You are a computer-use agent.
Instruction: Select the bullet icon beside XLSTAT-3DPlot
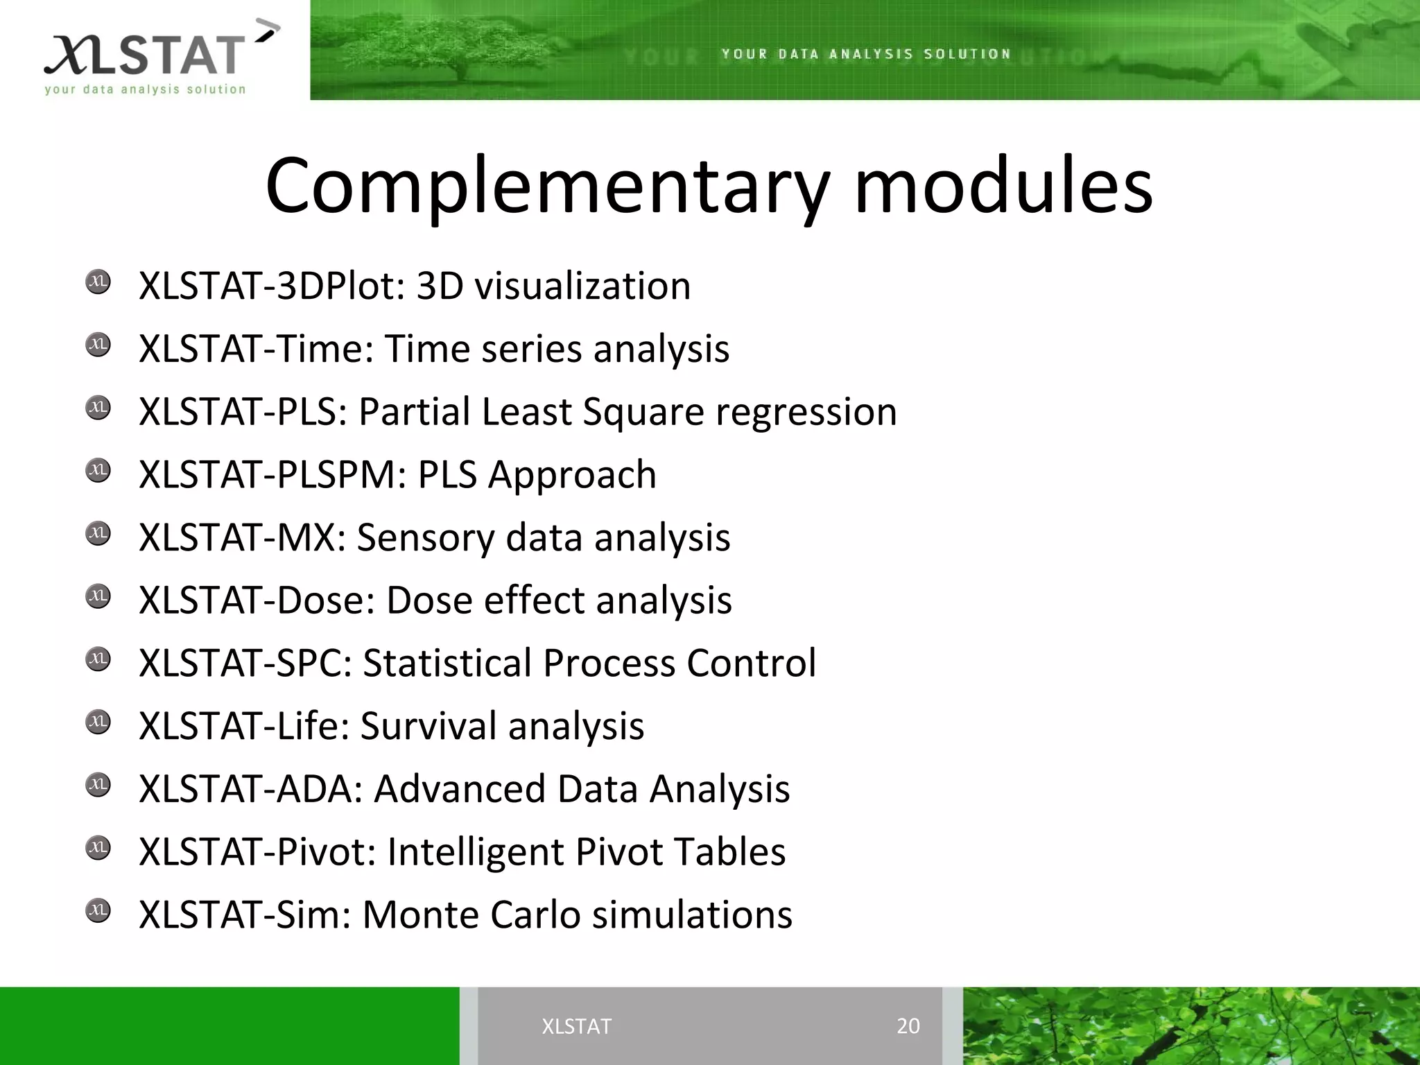(x=98, y=282)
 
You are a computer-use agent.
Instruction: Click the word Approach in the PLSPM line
(x=571, y=476)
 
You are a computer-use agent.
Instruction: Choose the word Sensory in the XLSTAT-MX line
(x=425, y=538)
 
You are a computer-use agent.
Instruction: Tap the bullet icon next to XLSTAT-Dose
(x=98, y=596)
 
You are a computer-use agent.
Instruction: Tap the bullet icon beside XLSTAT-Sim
(x=98, y=910)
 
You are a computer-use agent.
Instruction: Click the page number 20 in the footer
(x=908, y=1025)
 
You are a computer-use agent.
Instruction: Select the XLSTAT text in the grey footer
(x=576, y=1026)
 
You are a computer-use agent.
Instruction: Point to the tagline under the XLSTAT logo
(x=145, y=89)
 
